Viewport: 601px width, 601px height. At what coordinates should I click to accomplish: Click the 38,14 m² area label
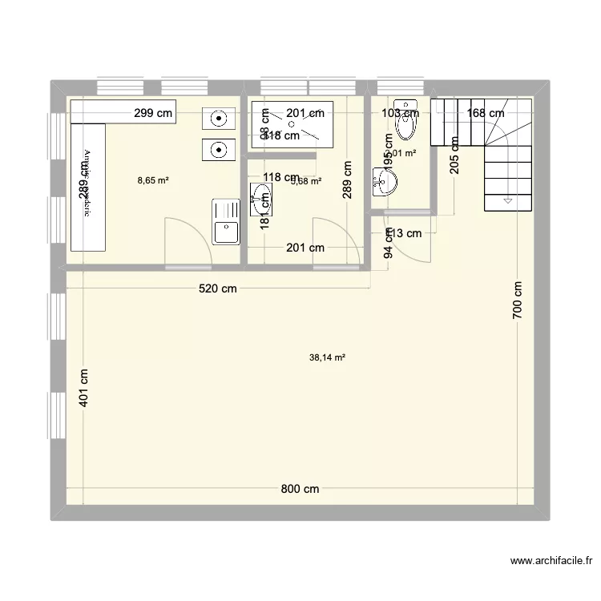pyautogui.click(x=327, y=358)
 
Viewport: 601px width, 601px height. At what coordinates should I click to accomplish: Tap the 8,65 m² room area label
pyautogui.click(x=153, y=180)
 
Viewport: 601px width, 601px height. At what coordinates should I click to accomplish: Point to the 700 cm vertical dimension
pyautogui.click(x=518, y=301)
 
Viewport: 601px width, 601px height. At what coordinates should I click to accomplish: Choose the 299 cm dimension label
pyautogui.click(x=153, y=114)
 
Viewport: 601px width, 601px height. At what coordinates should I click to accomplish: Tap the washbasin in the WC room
pyautogui.click(x=385, y=183)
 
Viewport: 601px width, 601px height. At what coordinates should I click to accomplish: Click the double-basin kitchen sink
pyautogui.click(x=225, y=221)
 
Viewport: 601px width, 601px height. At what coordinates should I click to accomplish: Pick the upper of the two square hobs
pyautogui.click(x=217, y=119)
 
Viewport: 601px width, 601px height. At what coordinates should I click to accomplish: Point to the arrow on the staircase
pyautogui.click(x=506, y=200)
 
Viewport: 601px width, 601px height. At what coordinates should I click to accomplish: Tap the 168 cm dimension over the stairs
pyautogui.click(x=486, y=114)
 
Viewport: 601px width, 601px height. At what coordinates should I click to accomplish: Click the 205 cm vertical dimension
pyautogui.click(x=454, y=155)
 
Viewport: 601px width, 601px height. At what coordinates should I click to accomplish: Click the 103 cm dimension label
pyautogui.click(x=401, y=114)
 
